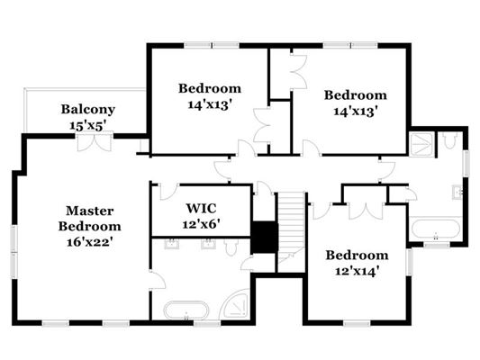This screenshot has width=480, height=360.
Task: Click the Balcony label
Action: click(x=88, y=109)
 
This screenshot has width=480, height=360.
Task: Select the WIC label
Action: click(x=202, y=209)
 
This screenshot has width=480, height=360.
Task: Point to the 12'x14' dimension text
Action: click(x=358, y=271)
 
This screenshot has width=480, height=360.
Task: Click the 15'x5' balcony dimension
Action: click(x=88, y=125)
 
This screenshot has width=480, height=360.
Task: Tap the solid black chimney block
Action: click(x=264, y=237)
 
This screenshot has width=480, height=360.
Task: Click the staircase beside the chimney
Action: click(x=291, y=232)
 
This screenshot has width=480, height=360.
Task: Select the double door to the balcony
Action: click(x=95, y=141)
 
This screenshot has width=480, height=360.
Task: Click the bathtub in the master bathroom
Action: click(x=186, y=310)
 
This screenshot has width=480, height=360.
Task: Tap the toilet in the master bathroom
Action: click(x=231, y=247)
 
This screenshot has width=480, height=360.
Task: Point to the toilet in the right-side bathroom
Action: click(x=449, y=140)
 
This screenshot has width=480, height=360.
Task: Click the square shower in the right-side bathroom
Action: click(x=421, y=145)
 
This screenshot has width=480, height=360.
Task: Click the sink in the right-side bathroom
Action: click(x=457, y=193)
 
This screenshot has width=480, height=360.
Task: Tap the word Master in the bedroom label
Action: click(x=90, y=211)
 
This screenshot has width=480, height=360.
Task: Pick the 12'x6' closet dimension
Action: click(x=202, y=224)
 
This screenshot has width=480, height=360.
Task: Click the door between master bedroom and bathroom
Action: click(x=158, y=280)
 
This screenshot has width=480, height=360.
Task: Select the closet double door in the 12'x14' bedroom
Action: click(x=366, y=211)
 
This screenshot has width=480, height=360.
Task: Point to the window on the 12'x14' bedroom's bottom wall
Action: click(x=357, y=323)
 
